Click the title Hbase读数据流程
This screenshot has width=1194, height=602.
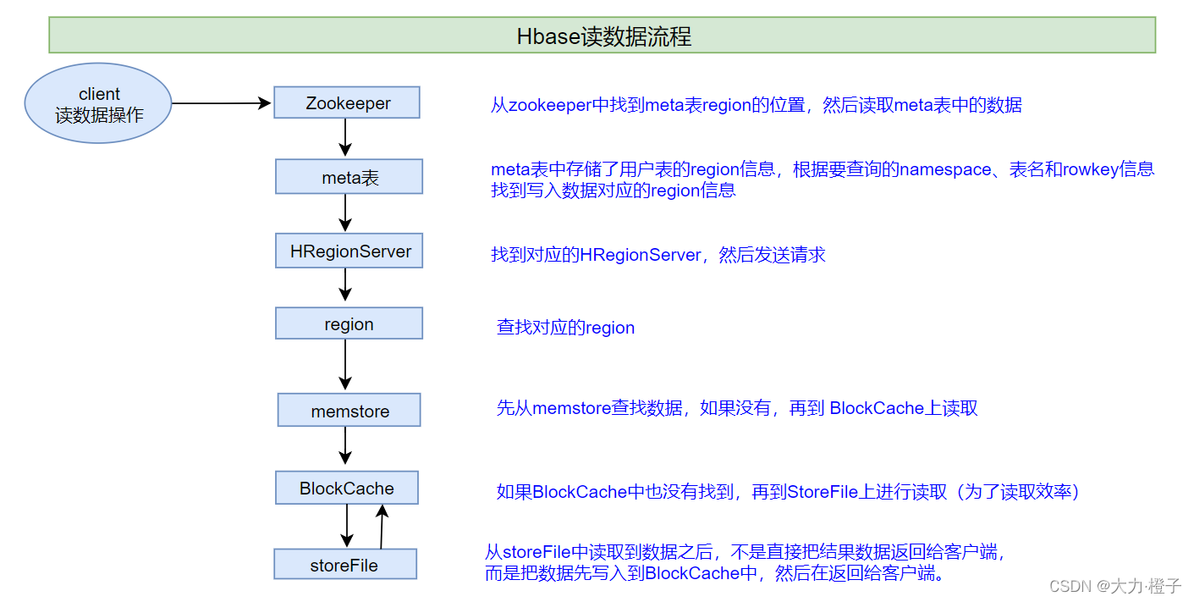point(603,36)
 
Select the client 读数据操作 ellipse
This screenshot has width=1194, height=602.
point(99,104)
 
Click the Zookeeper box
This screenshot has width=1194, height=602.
point(347,103)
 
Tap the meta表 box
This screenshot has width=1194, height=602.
point(349,178)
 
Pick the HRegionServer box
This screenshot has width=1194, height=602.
point(349,251)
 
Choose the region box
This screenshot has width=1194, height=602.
point(349,324)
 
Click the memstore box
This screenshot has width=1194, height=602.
point(349,411)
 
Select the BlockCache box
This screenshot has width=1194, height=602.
point(346,489)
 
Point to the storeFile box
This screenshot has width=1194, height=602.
point(344,565)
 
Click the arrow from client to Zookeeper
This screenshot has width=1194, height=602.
point(222,103)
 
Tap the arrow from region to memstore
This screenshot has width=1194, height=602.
point(345,364)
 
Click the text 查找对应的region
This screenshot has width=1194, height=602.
point(565,328)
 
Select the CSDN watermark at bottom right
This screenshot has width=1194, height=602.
point(1114,586)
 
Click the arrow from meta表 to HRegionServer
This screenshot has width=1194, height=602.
point(345,213)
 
